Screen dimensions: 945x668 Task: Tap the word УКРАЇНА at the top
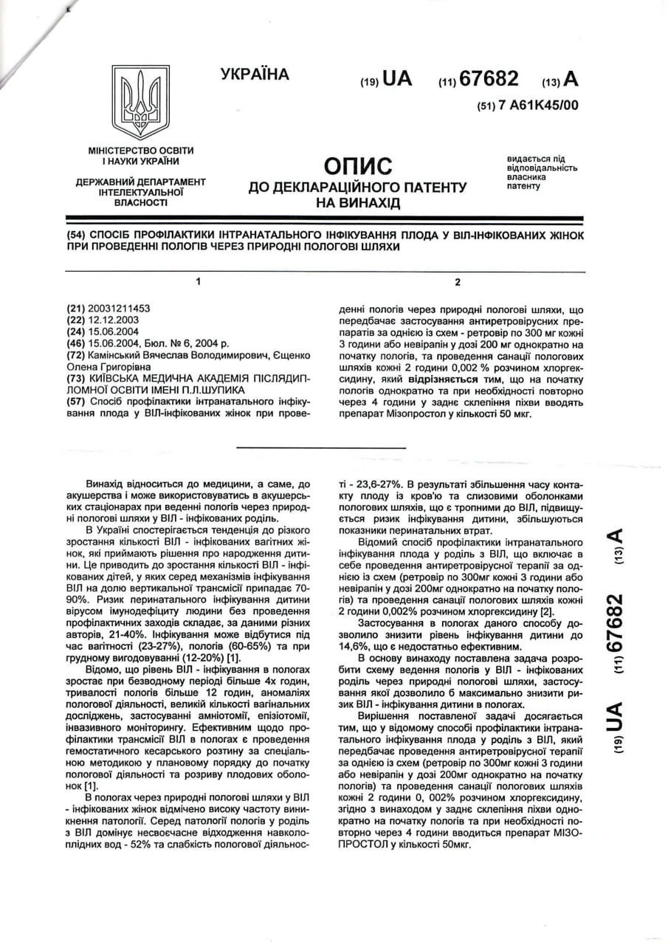pos(255,75)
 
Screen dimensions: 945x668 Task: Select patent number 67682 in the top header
pos(489,78)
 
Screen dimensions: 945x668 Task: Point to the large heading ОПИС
pos(358,165)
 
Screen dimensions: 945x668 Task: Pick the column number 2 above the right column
pos(458,282)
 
